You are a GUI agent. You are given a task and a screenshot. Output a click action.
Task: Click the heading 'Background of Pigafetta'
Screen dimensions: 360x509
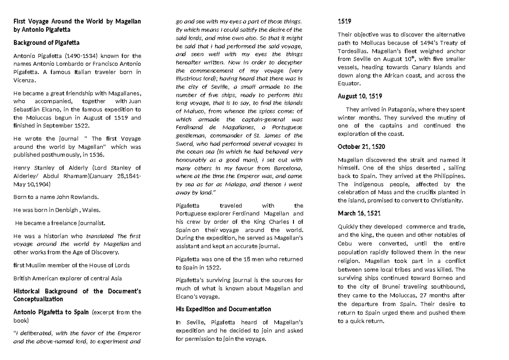46,43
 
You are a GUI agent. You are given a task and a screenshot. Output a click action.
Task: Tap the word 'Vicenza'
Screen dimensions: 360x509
25,80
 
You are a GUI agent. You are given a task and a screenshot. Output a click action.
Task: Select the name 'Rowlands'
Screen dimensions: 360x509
83,196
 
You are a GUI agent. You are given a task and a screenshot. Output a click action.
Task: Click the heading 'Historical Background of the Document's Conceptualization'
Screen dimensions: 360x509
78,295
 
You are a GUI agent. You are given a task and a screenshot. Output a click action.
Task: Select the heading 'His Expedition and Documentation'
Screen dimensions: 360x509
223,309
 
